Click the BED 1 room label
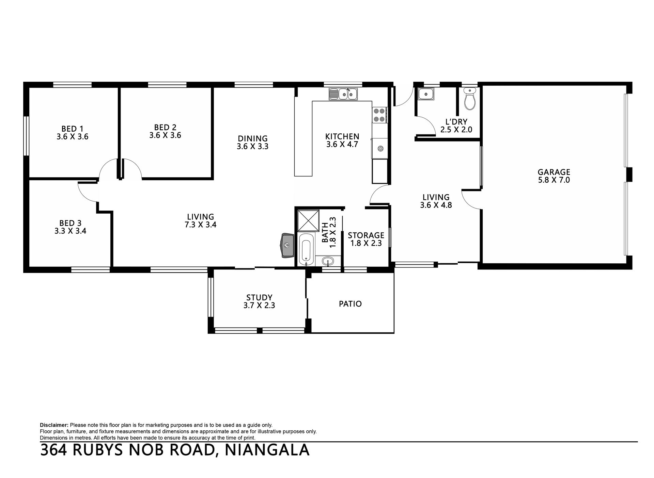tap(72, 129)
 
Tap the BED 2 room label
tap(165, 127)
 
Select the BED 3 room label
tap(70, 223)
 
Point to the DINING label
tap(253, 138)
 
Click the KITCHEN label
tap(342, 136)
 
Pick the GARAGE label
tap(554, 172)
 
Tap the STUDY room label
tap(259, 298)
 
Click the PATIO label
tap(350, 303)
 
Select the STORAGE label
tap(366, 235)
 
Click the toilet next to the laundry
tap(470, 99)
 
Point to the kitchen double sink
tap(343, 94)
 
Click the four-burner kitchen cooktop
tap(379, 115)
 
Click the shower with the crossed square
tap(308, 221)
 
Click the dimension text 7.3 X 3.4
tap(201, 225)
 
